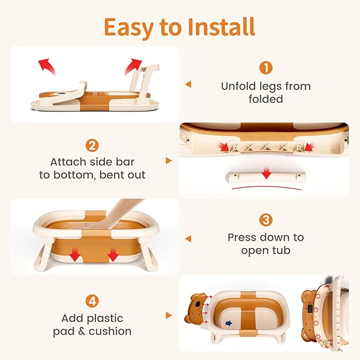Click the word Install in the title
(x=221, y=27)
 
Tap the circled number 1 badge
(x=266, y=68)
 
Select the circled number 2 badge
(x=92, y=145)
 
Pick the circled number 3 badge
(x=266, y=220)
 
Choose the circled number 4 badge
(x=92, y=301)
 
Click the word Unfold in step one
(x=239, y=86)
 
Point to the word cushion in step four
(x=110, y=331)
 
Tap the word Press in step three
(x=242, y=238)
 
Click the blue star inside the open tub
(x=229, y=323)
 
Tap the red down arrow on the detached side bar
(x=266, y=173)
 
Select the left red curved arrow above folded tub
(x=47, y=66)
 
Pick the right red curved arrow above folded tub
(x=133, y=66)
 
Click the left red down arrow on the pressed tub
(x=75, y=254)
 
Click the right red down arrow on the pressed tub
(x=113, y=254)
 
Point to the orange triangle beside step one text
(x=189, y=84)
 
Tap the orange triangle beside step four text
(x=169, y=315)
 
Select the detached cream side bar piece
(x=266, y=177)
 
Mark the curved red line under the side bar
(x=266, y=187)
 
